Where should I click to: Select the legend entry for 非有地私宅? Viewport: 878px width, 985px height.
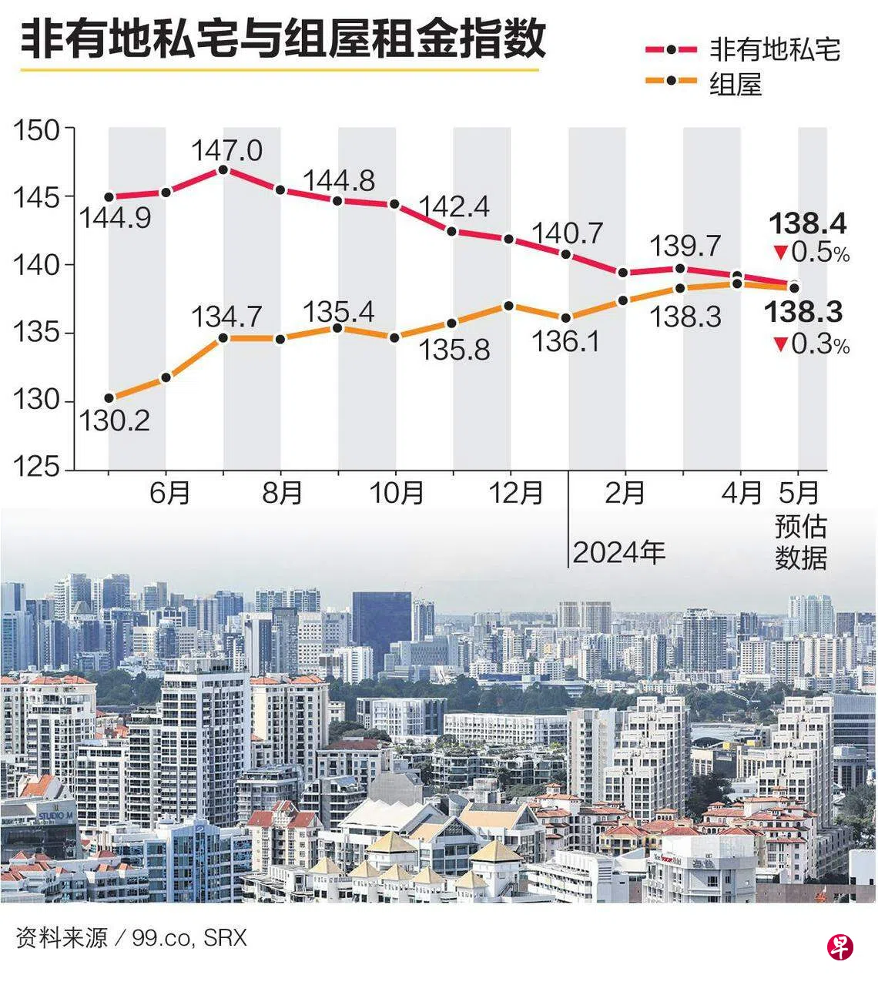(x=742, y=50)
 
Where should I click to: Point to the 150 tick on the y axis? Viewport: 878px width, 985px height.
(x=36, y=129)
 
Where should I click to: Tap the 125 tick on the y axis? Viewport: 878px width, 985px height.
(x=36, y=467)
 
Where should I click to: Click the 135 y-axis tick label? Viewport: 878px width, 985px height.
(x=36, y=333)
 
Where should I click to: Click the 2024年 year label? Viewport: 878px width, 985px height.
(x=618, y=552)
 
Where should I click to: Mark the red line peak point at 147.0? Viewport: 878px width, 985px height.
(x=223, y=169)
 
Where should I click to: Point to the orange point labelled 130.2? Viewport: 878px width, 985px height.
(x=109, y=398)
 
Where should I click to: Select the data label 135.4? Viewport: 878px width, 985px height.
(x=338, y=312)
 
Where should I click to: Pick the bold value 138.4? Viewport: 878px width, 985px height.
(x=808, y=223)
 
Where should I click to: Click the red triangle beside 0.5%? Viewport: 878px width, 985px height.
(x=780, y=253)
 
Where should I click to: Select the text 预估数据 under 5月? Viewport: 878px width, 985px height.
(x=801, y=542)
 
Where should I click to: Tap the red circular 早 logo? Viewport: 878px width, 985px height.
(x=840, y=946)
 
